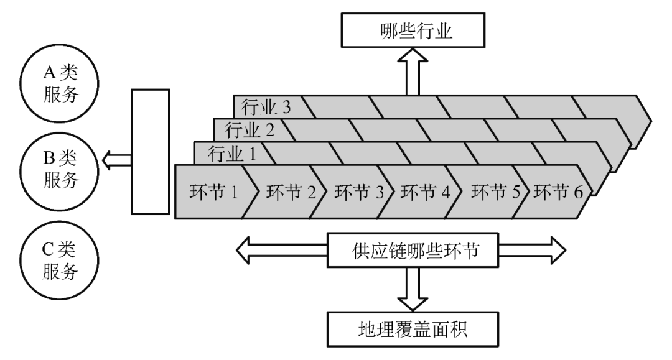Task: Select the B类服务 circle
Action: click(55, 170)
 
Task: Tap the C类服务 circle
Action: click(55, 260)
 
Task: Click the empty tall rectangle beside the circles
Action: click(150, 152)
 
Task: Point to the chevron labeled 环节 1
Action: click(213, 192)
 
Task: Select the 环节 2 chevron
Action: click(286, 192)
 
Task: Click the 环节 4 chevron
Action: click(423, 192)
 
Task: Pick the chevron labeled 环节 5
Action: click(492, 192)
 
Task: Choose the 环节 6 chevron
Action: click(558, 192)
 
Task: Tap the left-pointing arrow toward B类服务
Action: click(117, 159)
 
